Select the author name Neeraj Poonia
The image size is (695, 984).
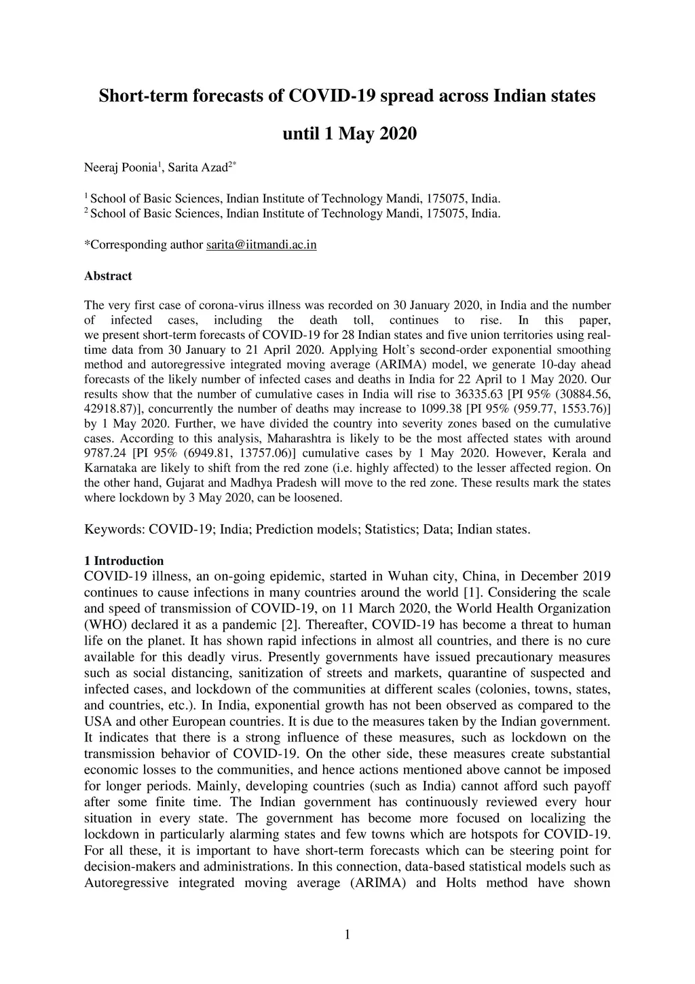click(x=120, y=167)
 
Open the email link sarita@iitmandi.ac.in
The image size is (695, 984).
click(x=261, y=244)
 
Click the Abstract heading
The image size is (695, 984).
click(x=108, y=276)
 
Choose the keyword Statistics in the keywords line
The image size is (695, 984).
click(x=390, y=529)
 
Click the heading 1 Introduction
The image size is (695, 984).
click(x=124, y=561)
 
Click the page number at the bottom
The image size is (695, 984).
click(x=347, y=935)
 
